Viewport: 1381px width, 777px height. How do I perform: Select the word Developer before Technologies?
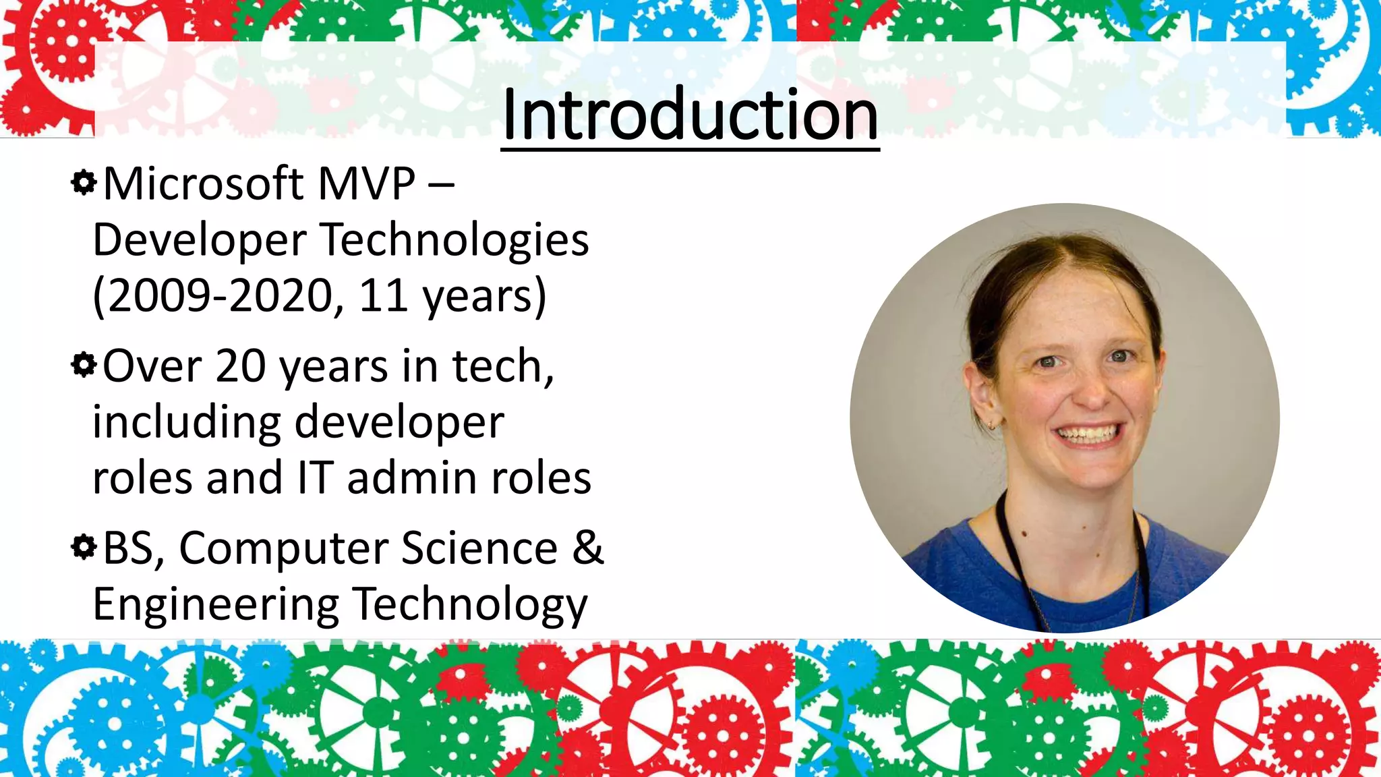click(x=200, y=241)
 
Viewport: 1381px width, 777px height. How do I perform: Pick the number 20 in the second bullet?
click(x=240, y=366)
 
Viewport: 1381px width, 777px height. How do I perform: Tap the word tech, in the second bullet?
click(x=502, y=366)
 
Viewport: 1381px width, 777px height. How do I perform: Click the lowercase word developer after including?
click(x=399, y=423)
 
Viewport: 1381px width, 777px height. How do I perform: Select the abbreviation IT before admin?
click(x=315, y=478)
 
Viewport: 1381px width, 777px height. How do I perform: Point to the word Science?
click(x=479, y=548)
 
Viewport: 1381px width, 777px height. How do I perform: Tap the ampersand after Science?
click(x=588, y=548)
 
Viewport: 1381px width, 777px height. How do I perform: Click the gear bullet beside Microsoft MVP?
click(x=84, y=183)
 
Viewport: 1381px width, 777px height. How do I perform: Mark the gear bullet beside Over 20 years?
click(x=84, y=366)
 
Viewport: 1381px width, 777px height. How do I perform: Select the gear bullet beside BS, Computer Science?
click(x=84, y=547)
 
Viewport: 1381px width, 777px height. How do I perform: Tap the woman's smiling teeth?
click(x=1088, y=434)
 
